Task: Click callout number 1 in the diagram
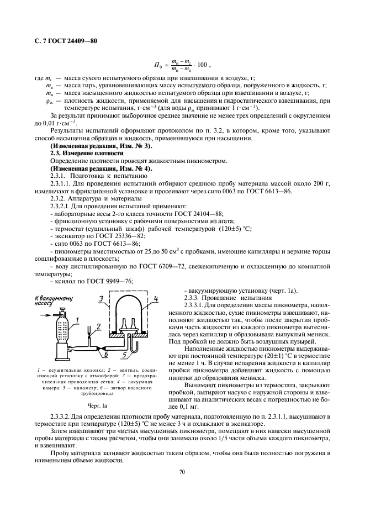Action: coord(78,320)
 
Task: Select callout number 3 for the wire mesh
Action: coord(101,299)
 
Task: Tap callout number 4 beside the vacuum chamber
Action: coord(156,299)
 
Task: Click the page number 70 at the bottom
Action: coord(182,471)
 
